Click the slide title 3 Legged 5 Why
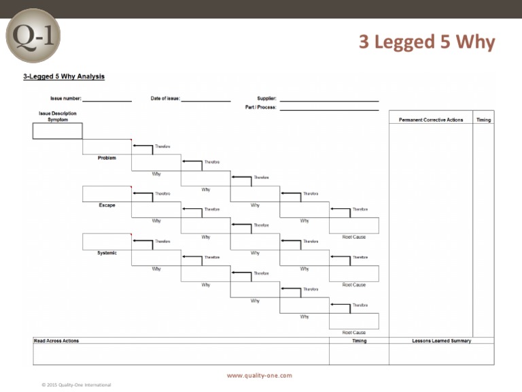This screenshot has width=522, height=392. (427, 42)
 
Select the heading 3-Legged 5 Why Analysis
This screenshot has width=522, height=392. (64, 77)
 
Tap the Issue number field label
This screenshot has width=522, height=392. (65, 99)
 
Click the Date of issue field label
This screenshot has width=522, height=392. (165, 99)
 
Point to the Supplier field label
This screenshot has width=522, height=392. (266, 99)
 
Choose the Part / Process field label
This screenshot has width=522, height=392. (260, 108)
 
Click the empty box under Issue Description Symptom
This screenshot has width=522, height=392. (57, 131)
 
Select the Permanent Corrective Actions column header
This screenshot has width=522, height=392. (430, 120)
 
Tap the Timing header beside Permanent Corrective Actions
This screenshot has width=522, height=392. (483, 120)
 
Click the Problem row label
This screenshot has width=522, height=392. (107, 158)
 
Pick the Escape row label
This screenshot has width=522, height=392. (107, 205)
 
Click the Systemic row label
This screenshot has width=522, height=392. (107, 253)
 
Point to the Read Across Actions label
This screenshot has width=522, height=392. (56, 340)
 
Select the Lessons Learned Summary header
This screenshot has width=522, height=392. (441, 340)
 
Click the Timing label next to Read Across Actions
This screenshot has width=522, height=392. (359, 340)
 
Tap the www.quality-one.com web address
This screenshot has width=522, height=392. (259, 375)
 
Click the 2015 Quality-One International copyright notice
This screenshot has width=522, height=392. (76, 385)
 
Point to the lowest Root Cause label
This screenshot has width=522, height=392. (353, 333)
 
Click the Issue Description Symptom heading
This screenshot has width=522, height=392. (57, 116)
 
